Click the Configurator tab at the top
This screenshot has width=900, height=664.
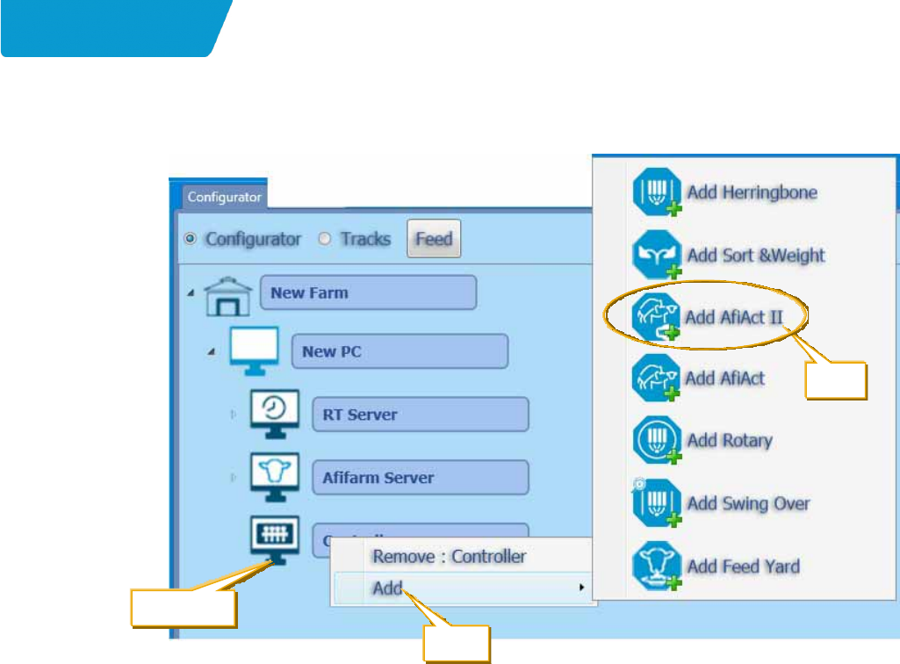[x=225, y=198]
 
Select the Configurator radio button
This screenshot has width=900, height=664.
[x=190, y=239]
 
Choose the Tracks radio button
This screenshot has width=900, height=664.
[x=325, y=239]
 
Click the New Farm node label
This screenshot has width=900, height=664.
[x=368, y=292]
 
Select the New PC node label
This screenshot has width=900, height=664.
[x=400, y=351]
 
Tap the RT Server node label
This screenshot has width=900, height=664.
[x=421, y=415]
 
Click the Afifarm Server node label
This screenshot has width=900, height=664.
[x=421, y=478]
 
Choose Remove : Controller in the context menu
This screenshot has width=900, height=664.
[x=449, y=556]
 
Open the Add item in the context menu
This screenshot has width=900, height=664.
[x=387, y=587]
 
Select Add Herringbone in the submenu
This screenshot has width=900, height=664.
[x=752, y=191]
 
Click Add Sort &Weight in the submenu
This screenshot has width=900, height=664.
[x=755, y=256]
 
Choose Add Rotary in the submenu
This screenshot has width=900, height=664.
[x=729, y=440]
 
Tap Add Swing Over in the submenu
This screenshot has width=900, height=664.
[x=748, y=503]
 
